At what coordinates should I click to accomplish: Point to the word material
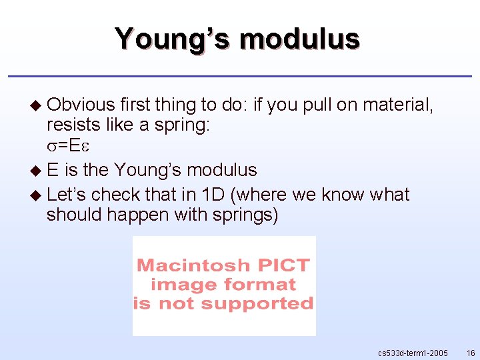coord(396,105)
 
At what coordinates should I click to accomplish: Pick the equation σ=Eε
coord(65,145)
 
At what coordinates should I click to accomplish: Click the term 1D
coord(215,195)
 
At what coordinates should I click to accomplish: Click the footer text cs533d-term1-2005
coord(413,351)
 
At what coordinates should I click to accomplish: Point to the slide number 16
coord(471,351)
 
